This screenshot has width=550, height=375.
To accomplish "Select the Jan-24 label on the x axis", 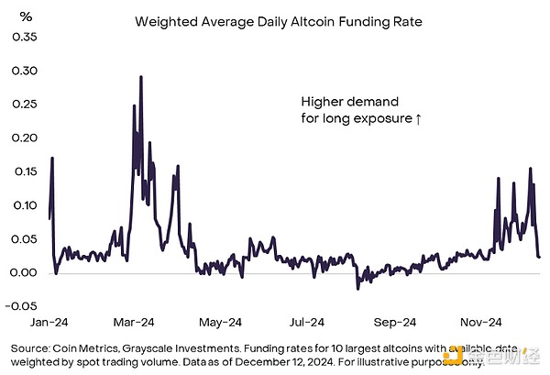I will tap(49, 323).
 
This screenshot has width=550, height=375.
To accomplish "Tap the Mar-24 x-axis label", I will tap(133, 323).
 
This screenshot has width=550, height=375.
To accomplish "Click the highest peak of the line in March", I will tap(140, 77).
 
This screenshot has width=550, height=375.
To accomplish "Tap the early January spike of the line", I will tap(52, 159).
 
